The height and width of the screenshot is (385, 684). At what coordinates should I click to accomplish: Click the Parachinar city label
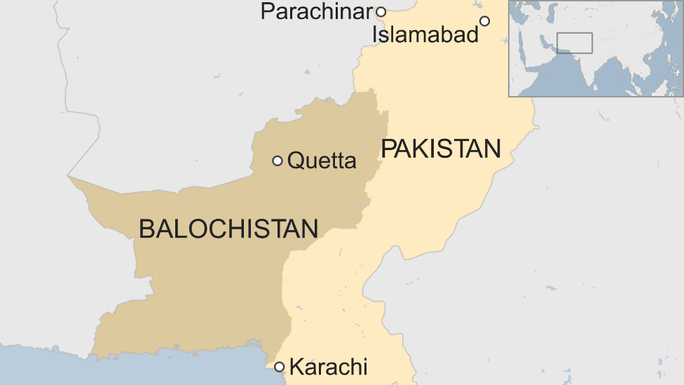(x=316, y=12)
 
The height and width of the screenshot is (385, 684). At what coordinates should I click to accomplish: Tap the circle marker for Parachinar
(x=381, y=12)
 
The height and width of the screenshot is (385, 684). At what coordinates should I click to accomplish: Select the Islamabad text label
(x=425, y=34)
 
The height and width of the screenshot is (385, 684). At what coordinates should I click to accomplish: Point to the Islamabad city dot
(x=484, y=21)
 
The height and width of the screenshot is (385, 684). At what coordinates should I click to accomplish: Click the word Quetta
(x=322, y=161)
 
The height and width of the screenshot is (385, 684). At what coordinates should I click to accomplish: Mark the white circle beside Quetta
(x=278, y=161)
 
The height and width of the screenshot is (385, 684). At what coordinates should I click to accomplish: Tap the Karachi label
(x=328, y=367)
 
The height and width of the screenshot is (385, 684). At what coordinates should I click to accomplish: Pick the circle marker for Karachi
(x=280, y=367)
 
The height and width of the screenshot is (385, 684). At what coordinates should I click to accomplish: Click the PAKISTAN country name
(x=441, y=149)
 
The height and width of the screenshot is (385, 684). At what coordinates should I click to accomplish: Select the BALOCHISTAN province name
(x=228, y=229)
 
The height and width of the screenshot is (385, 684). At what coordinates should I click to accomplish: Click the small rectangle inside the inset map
(x=574, y=43)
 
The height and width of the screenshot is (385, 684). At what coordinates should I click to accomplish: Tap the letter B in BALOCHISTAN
(x=146, y=229)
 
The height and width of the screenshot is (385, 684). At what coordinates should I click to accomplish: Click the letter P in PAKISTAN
(x=388, y=149)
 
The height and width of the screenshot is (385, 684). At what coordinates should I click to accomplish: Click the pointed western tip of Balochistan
(x=69, y=177)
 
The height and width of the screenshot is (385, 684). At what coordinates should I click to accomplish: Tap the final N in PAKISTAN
(x=493, y=149)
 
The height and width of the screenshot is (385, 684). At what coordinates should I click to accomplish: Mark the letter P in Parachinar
(x=266, y=12)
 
